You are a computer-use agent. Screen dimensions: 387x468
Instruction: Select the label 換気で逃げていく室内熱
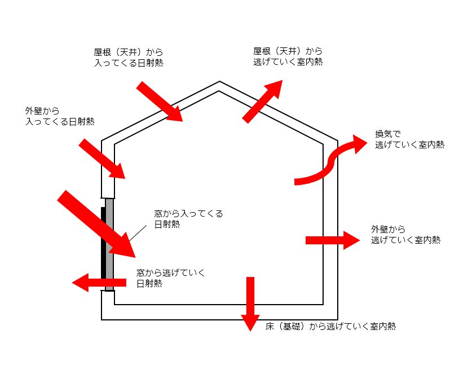coord(409,139)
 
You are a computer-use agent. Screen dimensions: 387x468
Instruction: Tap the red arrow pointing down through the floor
coord(250,302)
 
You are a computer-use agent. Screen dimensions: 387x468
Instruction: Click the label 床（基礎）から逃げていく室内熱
coord(330,326)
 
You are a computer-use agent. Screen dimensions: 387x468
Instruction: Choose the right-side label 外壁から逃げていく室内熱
coord(405,234)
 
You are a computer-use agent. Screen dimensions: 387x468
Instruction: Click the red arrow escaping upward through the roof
coord(262,101)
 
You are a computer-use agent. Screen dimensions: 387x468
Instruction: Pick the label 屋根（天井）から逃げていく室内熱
coord(288,56)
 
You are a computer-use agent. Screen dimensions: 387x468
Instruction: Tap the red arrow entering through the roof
coord(160,102)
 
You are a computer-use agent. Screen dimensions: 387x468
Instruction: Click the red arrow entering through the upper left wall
coord(101,159)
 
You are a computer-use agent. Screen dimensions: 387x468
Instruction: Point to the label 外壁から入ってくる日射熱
coord(59,116)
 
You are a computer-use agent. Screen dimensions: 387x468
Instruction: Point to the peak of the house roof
coord(219,82)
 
